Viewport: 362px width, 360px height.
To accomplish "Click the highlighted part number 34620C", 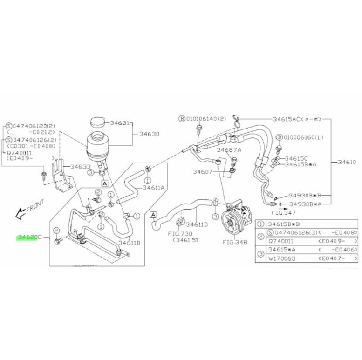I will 29,237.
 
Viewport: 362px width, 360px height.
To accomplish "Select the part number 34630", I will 149,134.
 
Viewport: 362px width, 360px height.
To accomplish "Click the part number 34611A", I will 154,188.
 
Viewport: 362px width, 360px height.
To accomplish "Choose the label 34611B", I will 130,242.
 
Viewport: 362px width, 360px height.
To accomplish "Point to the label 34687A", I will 229,150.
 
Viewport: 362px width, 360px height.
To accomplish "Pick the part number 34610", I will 345,162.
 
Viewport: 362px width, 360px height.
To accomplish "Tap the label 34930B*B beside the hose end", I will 305,196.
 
